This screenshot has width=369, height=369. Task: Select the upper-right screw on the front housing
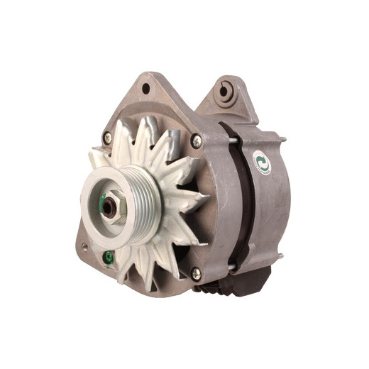tap(196, 141)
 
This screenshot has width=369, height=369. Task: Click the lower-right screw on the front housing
tap(197, 272)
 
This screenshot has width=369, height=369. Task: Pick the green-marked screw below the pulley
tap(109, 258)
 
